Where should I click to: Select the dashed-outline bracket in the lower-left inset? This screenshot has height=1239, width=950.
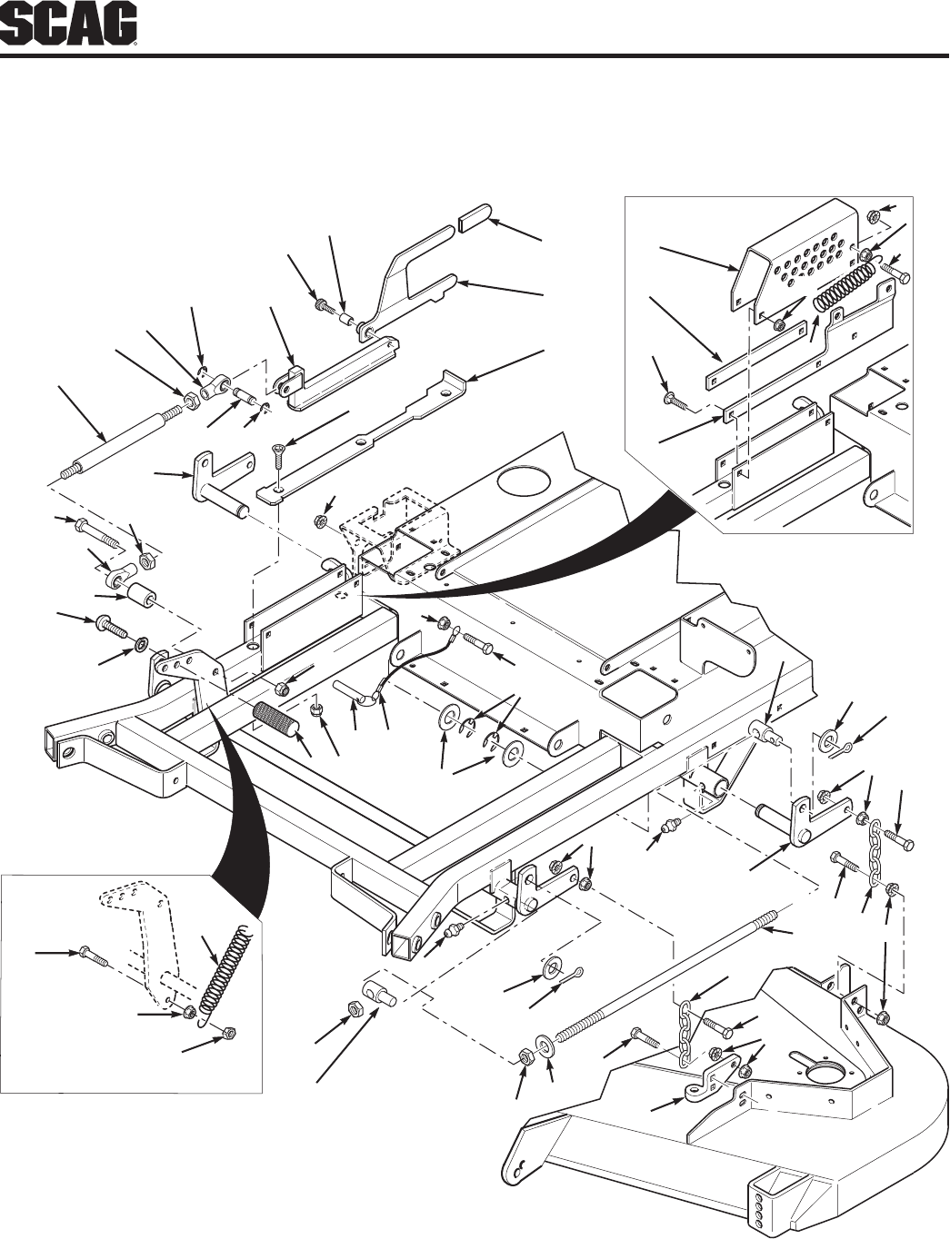coord(145,936)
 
